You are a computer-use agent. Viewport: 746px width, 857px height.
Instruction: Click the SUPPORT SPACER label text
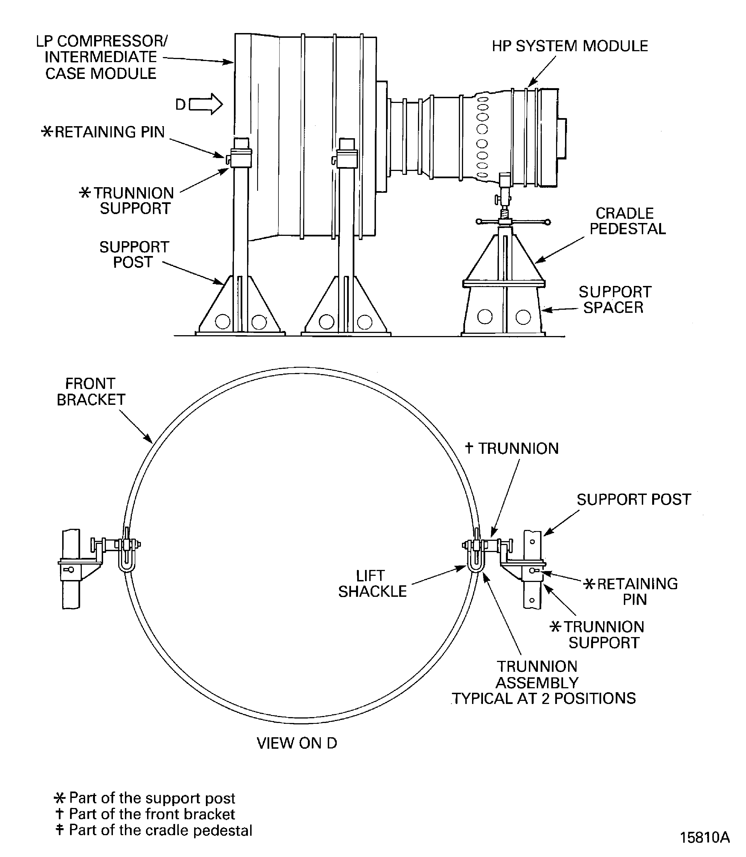[614, 299]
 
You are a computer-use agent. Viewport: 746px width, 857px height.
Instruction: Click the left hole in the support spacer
[485, 317]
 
